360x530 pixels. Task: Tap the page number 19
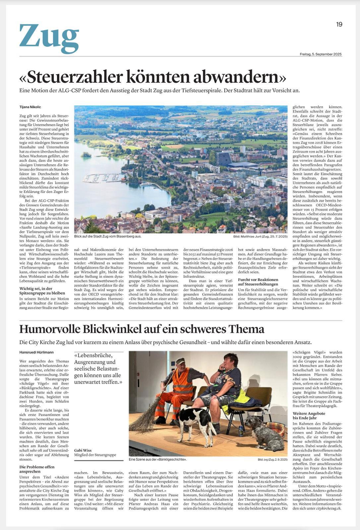click(339, 24)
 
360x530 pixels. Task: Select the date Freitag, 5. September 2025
click(320, 54)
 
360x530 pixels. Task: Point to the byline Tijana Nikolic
click(30, 107)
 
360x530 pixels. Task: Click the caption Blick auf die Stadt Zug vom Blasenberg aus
click(108, 237)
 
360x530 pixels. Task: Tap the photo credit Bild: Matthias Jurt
click(260, 237)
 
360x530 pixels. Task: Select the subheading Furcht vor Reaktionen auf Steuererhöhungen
click(258, 282)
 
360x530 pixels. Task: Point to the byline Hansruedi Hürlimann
click(36, 352)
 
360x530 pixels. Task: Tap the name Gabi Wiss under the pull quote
click(83, 450)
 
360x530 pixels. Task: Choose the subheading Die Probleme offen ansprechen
click(37, 469)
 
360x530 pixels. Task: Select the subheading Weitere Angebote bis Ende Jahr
click(309, 416)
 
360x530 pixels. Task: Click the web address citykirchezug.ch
click(328, 508)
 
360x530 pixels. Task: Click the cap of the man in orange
click(180, 360)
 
